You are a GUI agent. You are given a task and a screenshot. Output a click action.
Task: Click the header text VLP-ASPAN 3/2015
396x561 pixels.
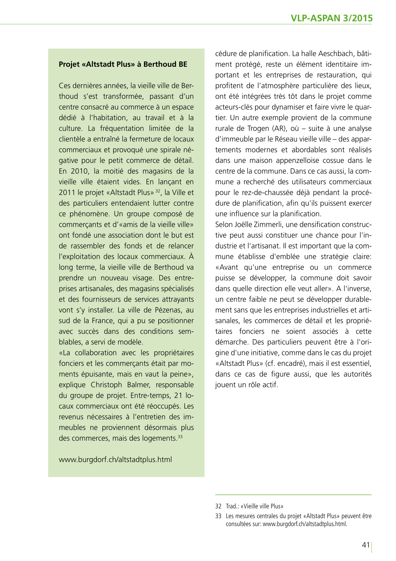[331, 18]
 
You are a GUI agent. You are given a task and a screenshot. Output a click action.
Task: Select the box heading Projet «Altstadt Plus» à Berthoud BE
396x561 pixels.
[123, 64]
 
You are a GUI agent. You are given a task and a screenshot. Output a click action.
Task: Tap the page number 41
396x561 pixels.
[365, 545]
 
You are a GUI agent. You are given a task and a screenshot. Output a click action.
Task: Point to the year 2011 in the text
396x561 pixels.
[67, 193]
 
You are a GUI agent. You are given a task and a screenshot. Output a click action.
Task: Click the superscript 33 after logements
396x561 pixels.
[180, 437]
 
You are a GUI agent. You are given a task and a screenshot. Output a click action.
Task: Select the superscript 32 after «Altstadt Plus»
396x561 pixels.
[158, 191]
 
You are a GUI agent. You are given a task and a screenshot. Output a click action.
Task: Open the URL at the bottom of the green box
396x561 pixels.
[115, 460]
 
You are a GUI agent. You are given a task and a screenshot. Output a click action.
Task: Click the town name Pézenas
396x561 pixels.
[169, 310]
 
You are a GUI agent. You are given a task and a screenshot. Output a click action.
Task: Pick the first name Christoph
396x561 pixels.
[106, 385]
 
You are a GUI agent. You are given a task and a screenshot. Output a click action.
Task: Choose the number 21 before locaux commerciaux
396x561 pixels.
[178, 395]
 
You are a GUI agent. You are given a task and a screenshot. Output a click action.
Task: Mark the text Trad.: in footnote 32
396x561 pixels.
[232, 506]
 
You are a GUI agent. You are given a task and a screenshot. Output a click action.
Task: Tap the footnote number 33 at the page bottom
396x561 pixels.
[218, 516]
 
